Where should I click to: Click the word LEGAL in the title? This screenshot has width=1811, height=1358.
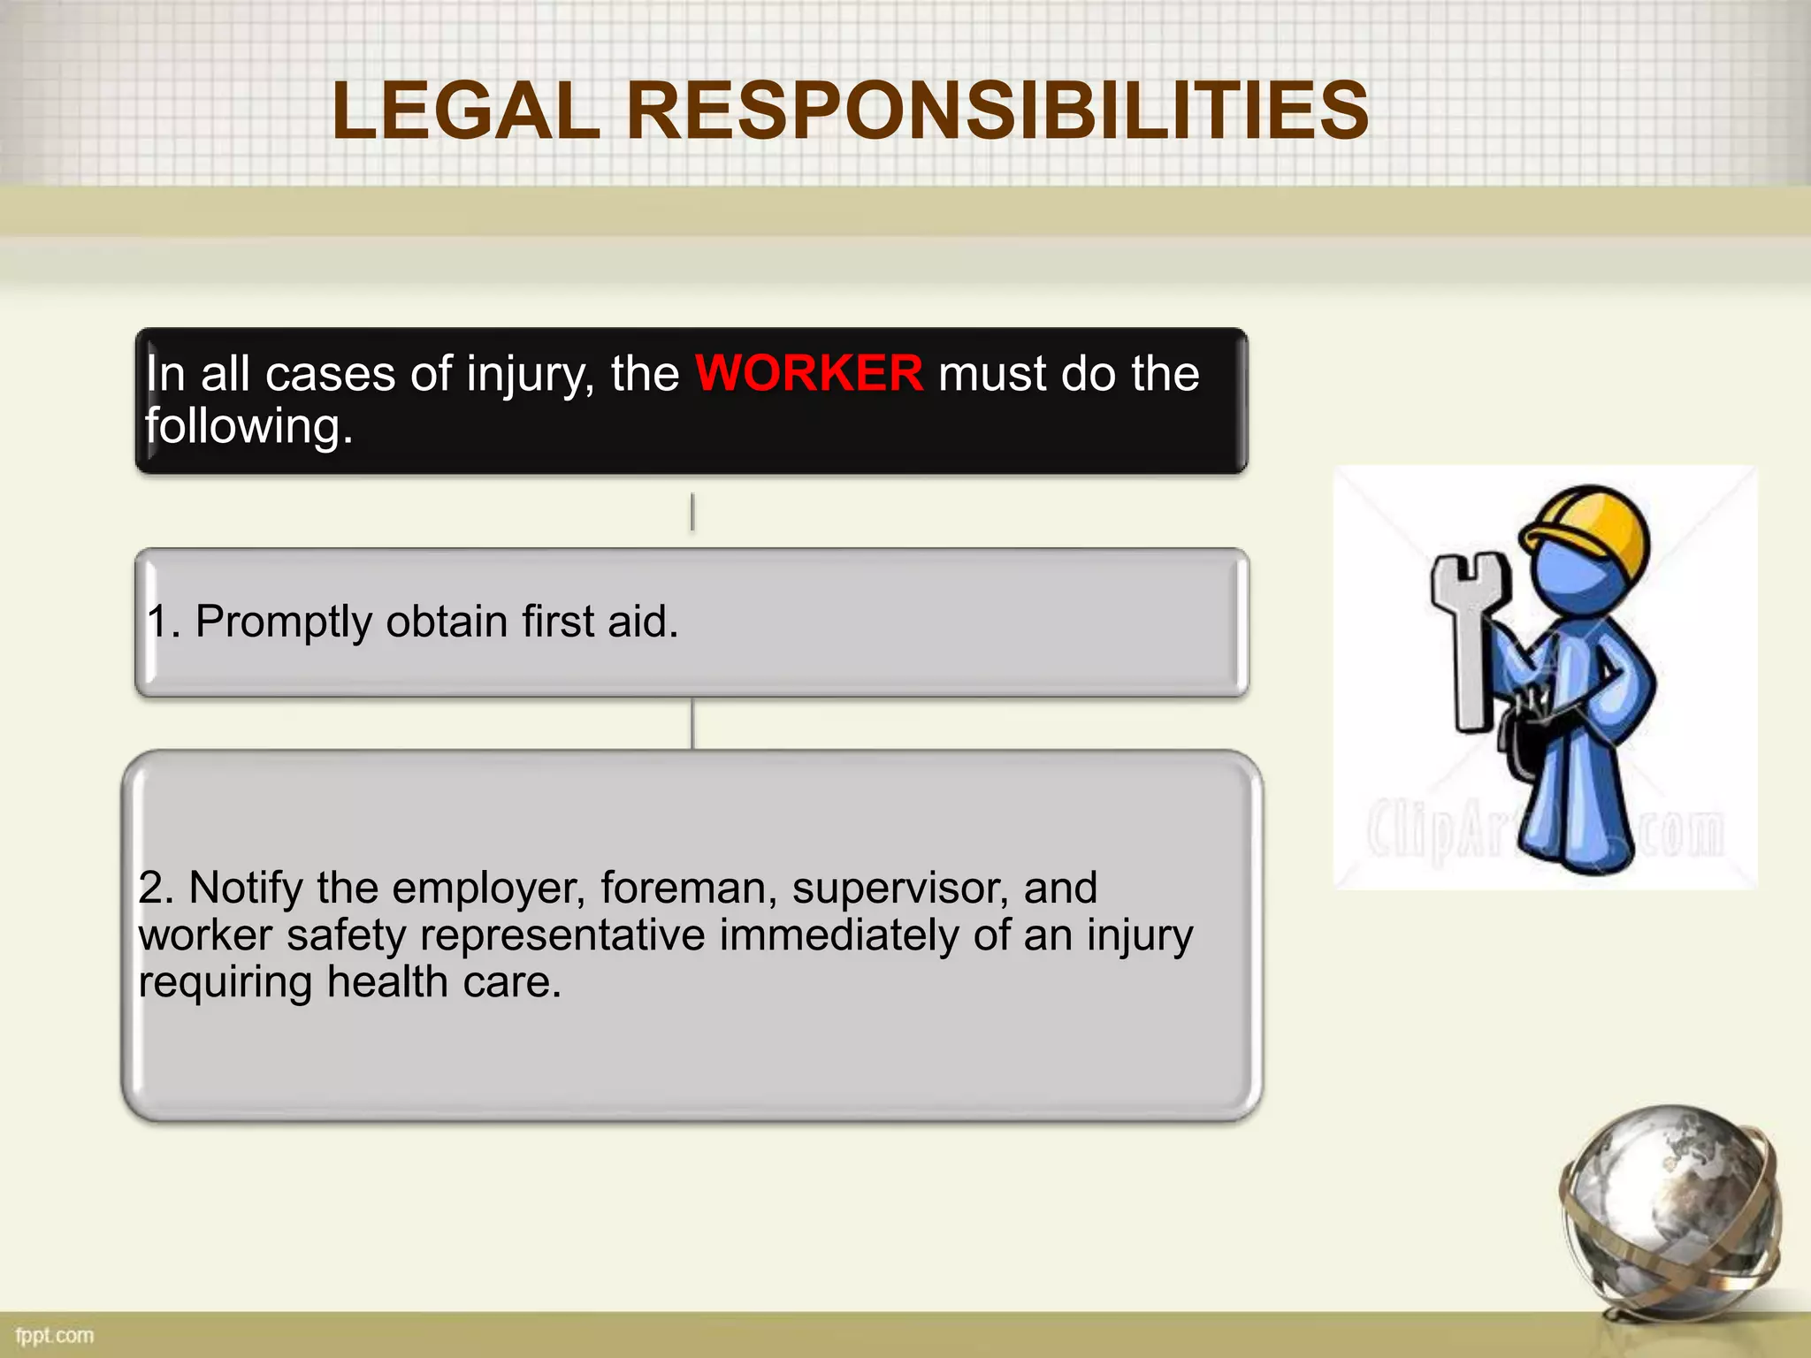pos(466,111)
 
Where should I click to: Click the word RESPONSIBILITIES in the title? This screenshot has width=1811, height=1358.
pos(997,111)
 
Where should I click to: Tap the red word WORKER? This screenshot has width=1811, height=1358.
pos(809,372)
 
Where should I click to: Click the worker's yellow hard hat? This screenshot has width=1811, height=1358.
pos(1592,522)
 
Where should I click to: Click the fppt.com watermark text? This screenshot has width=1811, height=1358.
pos(55,1335)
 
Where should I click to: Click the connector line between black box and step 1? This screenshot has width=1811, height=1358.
pos(692,512)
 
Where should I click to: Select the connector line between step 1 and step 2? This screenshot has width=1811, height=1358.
pos(692,724)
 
